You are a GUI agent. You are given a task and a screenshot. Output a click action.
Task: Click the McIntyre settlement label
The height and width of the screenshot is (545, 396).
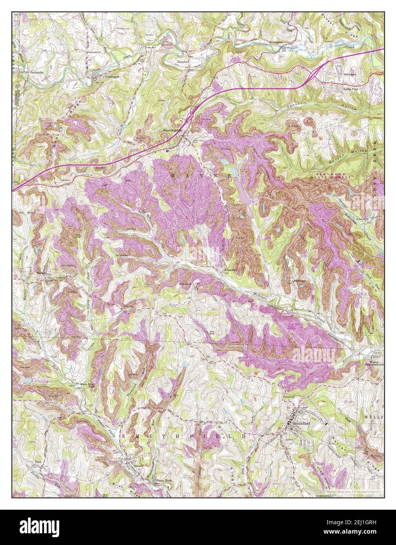click(298, 281)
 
